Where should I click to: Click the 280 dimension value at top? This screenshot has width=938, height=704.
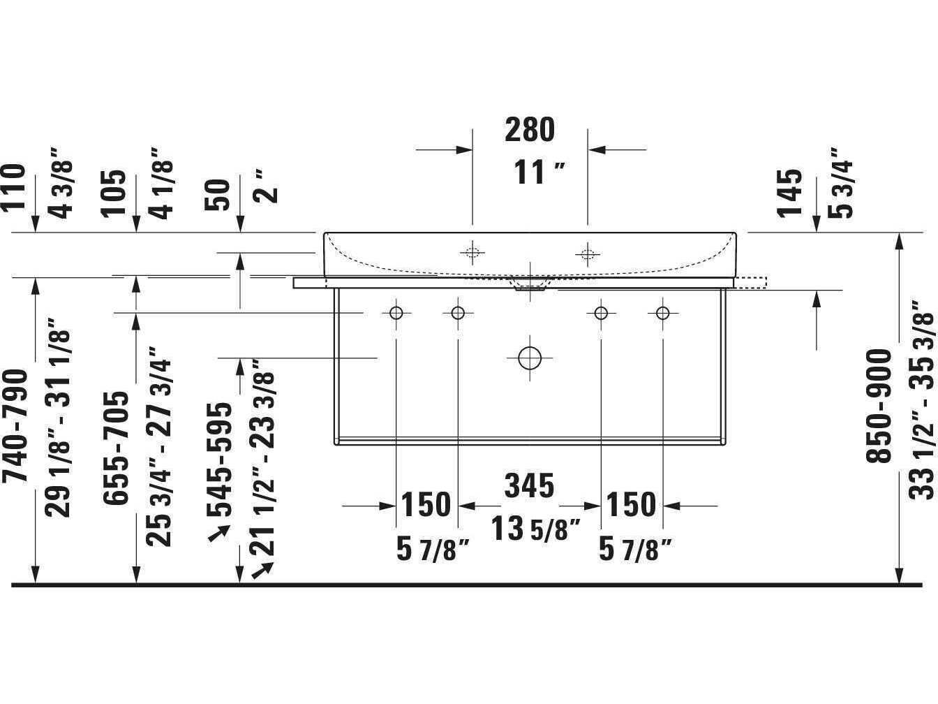click(x=530, y=130)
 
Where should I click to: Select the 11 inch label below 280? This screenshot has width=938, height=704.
click(x=539, y=172)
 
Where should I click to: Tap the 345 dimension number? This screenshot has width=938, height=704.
click(x=529, y=485)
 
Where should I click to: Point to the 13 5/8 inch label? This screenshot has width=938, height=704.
click(x=535, y=528)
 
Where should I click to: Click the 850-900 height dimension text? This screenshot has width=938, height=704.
click(x=879, y=406)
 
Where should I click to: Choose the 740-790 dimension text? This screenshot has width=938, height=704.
click(x=15, y=426)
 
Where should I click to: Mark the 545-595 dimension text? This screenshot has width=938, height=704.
click(x=219, y=460)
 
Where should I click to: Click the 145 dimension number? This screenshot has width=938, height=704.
click(x=789, y=193)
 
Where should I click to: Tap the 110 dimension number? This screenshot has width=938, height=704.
click(x=13, y=188)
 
